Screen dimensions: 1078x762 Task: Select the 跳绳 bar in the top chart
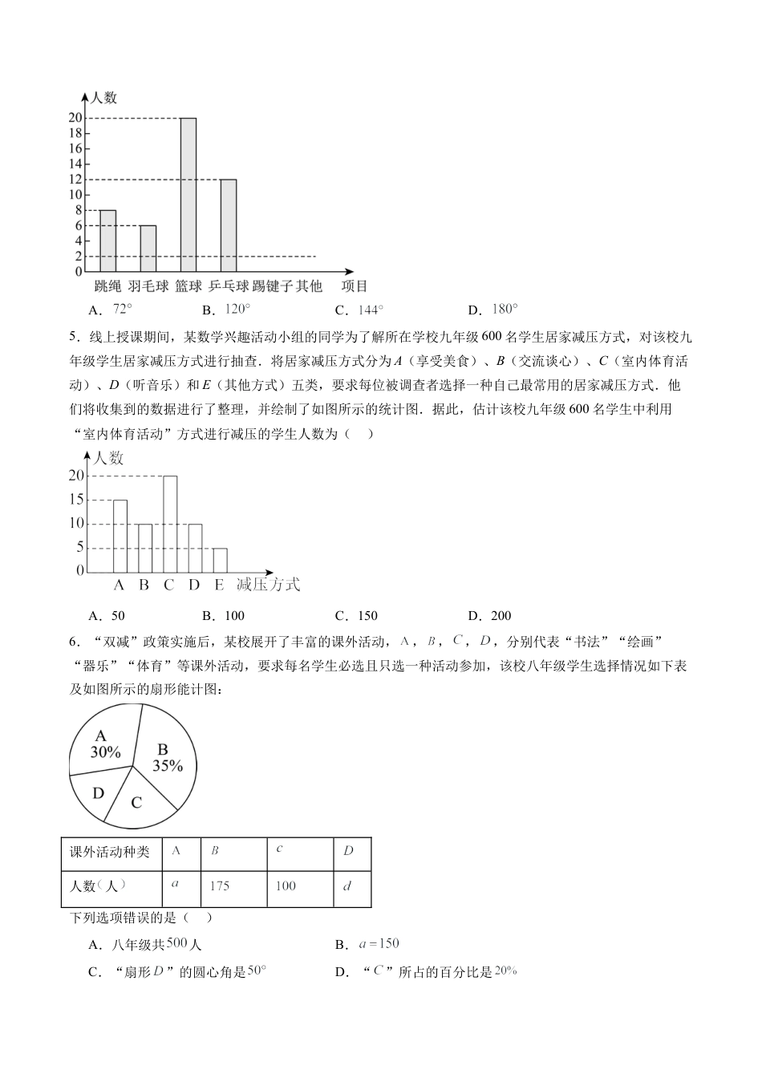click(107, 241)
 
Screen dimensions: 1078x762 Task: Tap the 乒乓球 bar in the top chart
click(229, 225)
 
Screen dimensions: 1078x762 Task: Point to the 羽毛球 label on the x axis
click(148, 286)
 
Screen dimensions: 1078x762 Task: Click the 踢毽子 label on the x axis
click(270, 286)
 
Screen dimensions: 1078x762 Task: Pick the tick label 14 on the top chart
click(76, 164)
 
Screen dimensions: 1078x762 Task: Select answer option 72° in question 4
click(112, 310)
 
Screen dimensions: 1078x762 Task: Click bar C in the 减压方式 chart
click(170, 524)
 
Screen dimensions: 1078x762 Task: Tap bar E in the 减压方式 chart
click(220, 560)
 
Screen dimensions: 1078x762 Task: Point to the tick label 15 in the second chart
click(76, 499)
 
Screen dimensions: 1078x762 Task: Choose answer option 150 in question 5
click(358, 616)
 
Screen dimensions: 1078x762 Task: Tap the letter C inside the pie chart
click(136, 802)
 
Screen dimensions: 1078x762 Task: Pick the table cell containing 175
click(219, 885)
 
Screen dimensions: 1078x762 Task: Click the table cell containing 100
click(286, 885)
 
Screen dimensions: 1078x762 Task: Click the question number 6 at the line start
click(74, 642)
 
